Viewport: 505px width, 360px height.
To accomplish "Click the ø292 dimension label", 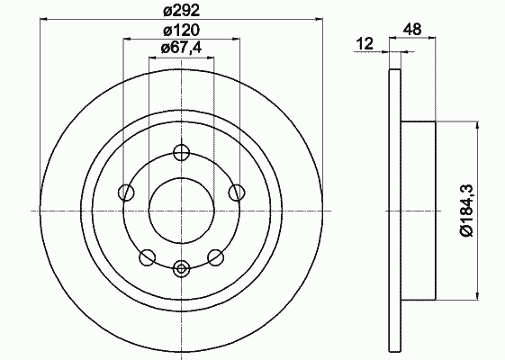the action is (182, 11).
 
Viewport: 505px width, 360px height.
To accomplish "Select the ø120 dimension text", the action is (182, 30).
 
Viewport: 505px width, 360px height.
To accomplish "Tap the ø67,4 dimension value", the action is (181, 48).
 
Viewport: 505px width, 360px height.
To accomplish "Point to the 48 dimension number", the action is (412, 30).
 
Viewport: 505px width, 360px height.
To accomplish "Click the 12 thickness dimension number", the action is (365, 43).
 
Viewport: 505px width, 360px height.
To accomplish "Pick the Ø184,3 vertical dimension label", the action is (466, 211).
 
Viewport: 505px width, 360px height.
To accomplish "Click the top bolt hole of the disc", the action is (181, 152).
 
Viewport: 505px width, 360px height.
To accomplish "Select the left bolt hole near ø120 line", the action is (126, 193).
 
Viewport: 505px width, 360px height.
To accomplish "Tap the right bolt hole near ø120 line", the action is (237, 193).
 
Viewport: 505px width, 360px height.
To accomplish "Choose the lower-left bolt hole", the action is (148, 257).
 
